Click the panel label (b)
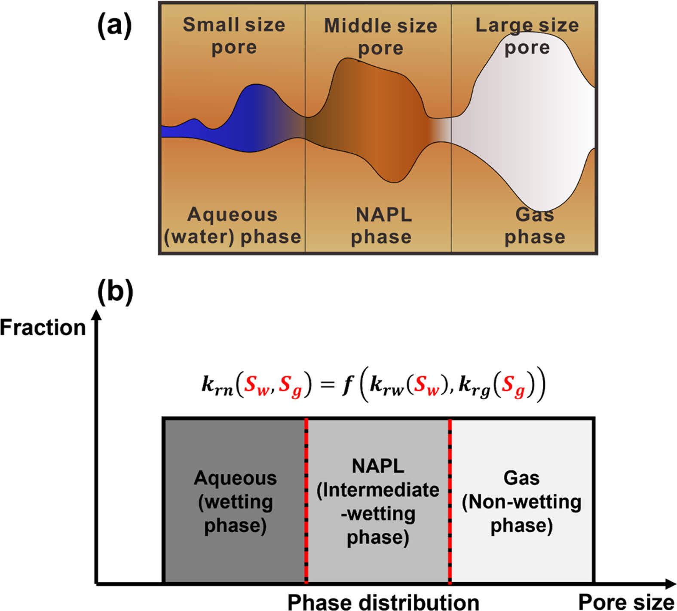tap(115, 292)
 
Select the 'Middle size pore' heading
tap(380, 37)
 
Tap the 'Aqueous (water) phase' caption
tap(233, 226)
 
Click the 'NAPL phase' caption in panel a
tap(382, 226)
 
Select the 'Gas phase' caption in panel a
tap(535, 226)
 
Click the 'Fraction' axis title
tap(43, 328)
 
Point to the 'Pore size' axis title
tap(626, 602)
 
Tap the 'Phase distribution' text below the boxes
tap(383, 602)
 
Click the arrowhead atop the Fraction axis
tap(98, 314)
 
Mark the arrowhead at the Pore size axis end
tap(670, 583)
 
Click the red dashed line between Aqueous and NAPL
tap(306, 501)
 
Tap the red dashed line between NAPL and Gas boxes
tap(450, 501)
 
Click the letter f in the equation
tap(347, 384)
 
